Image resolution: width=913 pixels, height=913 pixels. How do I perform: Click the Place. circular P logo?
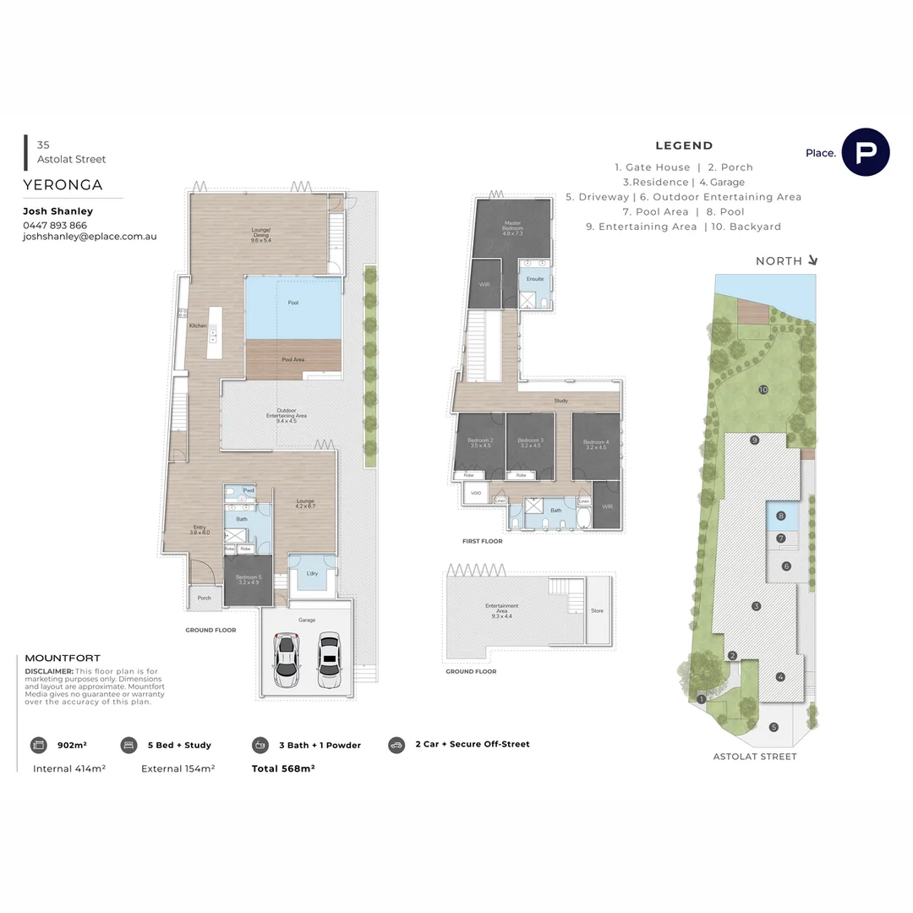click(866, 152)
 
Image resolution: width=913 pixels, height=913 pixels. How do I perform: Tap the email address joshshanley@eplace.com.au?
click(90, 238)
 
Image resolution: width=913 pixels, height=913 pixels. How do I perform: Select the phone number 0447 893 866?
click(55, 226)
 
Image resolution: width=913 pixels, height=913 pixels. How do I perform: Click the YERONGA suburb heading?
click(63, 185)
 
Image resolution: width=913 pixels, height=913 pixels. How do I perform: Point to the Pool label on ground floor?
click(293, 303)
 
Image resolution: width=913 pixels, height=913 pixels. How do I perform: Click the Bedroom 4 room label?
click(595, 442)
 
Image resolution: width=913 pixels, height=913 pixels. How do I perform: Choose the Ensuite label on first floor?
click(535, 279)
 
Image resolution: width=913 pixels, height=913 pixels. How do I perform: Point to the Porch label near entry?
click(204, 598)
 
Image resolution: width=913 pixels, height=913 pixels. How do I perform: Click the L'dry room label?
click(312, 573)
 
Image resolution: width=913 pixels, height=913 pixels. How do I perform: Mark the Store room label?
click(597, 610)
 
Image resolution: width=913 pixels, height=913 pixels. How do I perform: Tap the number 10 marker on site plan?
click(763, 390)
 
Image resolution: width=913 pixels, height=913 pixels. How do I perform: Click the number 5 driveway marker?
click(773, 727)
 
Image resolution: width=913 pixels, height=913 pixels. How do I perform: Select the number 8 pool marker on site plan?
click(782, 516)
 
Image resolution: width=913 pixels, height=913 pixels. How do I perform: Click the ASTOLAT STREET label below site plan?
click(755, 757)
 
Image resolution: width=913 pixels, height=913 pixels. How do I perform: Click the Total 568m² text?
click(283, 768)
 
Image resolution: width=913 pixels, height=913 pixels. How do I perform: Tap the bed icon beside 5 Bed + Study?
click(128, 745)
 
